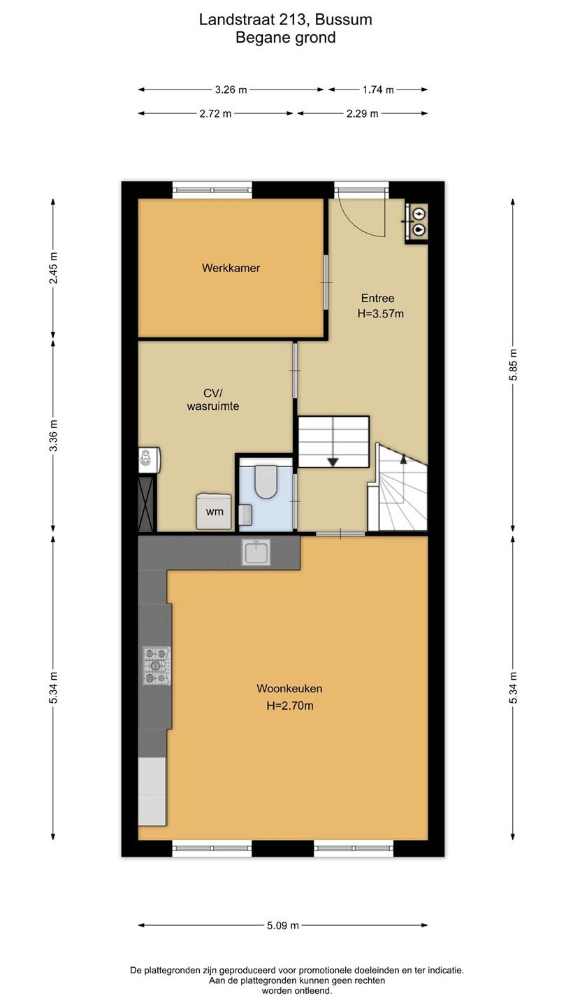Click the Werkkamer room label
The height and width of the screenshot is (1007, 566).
pos(231,268)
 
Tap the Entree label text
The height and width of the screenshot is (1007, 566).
pos(378,298)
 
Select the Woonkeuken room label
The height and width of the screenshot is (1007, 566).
pos(289,688)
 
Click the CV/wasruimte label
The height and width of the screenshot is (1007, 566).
pos(213,400)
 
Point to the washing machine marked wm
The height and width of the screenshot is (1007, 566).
pos(214,511)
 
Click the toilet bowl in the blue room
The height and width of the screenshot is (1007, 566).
pos(266,482)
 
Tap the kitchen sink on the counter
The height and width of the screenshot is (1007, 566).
pos(256,552)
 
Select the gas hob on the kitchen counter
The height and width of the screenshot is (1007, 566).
pos(157,665)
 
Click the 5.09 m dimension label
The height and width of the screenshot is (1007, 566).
pos(283,925)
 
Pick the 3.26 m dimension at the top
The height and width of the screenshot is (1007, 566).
pos(231,90)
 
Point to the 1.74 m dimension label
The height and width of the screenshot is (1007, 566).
pos(378,90)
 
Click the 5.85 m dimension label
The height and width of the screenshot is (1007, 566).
pos(513,364)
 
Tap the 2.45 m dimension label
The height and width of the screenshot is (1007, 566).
pos(53,268)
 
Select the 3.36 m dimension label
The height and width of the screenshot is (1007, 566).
pos(53,436)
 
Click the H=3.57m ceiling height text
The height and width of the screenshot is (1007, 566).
pos(380,314)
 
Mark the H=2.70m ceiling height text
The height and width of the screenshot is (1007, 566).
pos(290,706)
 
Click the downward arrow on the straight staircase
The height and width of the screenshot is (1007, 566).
pos(333,462)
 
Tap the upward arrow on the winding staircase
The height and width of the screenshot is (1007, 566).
pos(403,459)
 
